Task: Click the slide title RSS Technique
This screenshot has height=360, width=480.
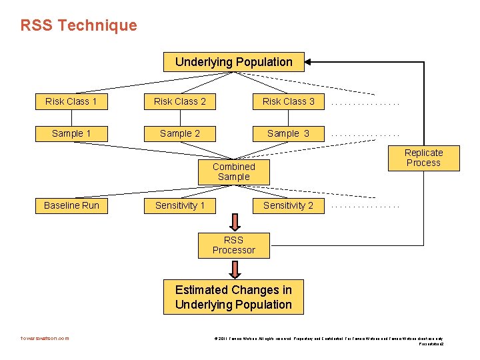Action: [79, 25]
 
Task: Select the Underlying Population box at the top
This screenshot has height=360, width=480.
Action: [233, 62]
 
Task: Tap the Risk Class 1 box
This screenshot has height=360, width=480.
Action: [71, 101]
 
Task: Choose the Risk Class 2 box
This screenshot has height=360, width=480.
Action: [180, 101]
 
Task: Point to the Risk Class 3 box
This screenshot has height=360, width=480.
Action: [288, 101]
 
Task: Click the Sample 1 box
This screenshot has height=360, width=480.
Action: [71, 133]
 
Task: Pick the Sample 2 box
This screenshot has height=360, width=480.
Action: [180, 133]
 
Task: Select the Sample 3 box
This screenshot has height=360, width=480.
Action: [288, 133]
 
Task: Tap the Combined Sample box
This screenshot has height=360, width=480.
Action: [233, 171]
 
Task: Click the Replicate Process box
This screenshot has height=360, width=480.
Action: [423, 157]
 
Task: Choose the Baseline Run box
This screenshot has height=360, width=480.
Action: [71, 205]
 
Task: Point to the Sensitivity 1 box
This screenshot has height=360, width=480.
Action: [180, 205]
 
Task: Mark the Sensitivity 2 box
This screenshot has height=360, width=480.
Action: [288, 205]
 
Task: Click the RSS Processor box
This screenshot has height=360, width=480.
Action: [233, 245]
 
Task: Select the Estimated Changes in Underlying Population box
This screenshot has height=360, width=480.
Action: [233, 297]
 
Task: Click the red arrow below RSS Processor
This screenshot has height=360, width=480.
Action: [234, 269]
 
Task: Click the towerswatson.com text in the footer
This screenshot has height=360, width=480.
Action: [45, 338]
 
